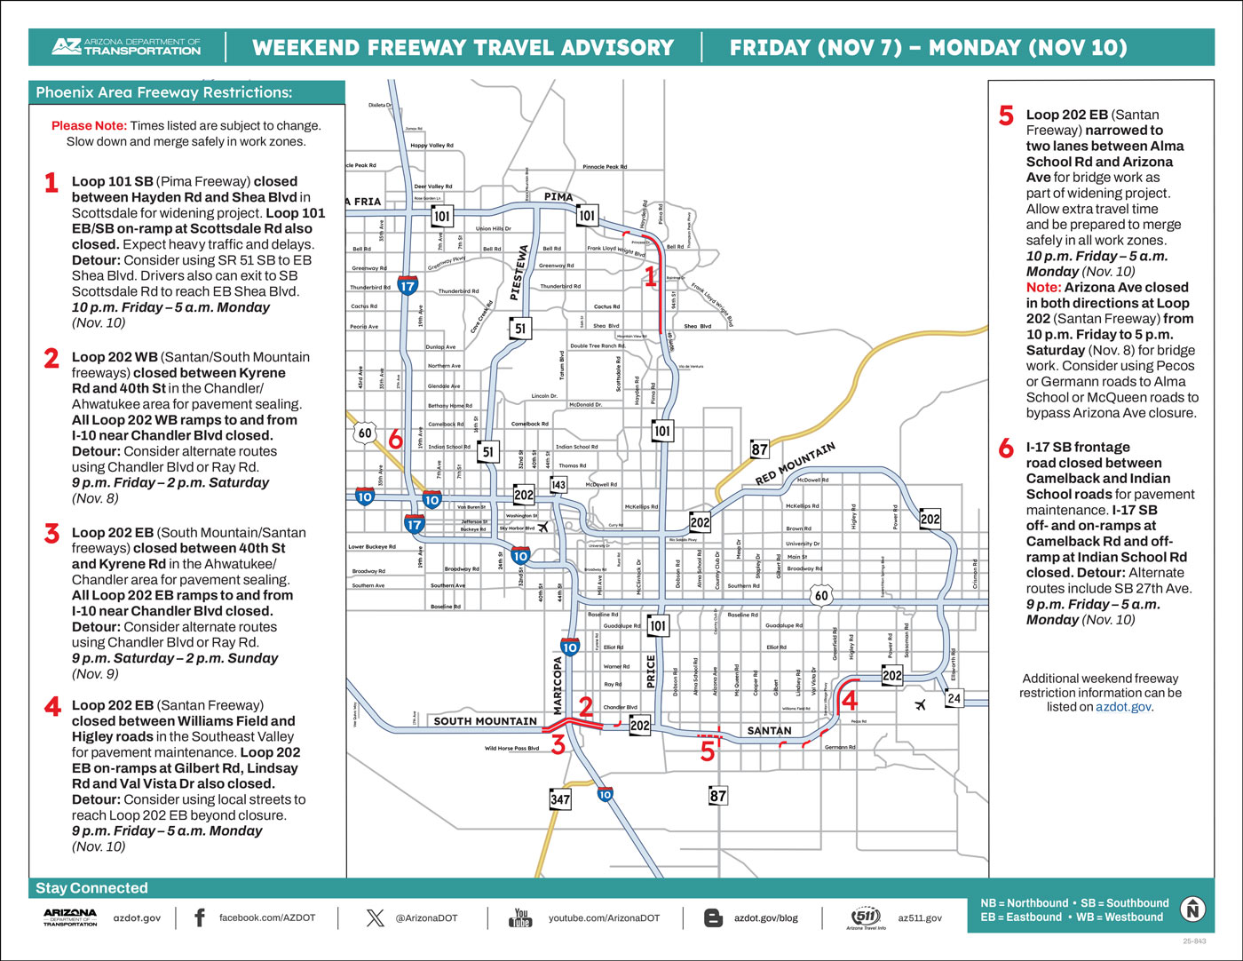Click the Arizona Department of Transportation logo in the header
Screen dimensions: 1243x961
[x=125, y=47]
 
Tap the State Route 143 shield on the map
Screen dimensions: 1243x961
[x=558, y=485]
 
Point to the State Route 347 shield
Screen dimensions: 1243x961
[x=559, y=799]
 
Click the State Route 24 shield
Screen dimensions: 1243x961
[x=954, y=698]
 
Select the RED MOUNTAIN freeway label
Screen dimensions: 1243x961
[x=796, y=464]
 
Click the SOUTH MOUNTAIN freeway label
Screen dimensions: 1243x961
[x=485, y=721]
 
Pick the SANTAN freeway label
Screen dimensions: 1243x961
[x=769, y=731]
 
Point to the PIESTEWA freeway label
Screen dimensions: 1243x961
[x=521, y=274]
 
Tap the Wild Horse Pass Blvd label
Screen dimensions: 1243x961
[x=511, y=749]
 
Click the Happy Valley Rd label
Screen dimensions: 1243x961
[x=431, y=146]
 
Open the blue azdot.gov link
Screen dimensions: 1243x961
[x=1123, y=707]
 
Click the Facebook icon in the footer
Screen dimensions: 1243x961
[x=200, y=917]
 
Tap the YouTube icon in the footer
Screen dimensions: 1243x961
[x=520, y=917]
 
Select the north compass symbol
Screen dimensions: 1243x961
[x=1192, y=909]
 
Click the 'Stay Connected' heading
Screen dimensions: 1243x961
[x=91, y=888]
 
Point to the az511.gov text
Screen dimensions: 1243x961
[x=920, y=917]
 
